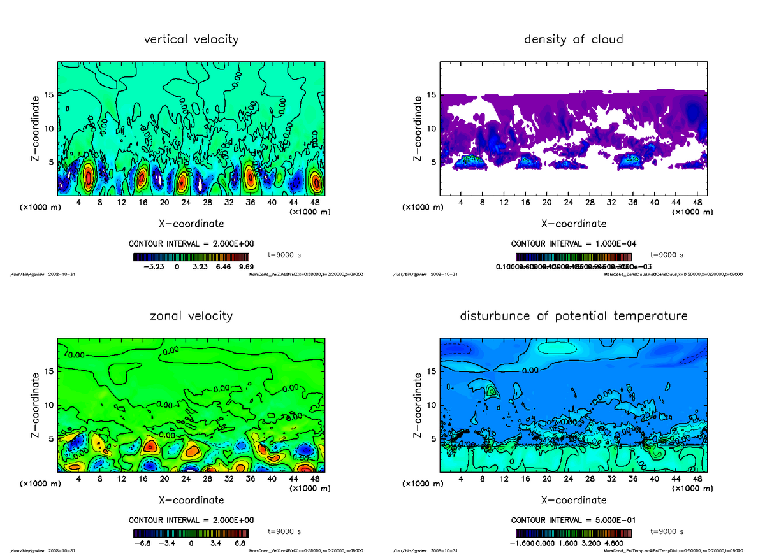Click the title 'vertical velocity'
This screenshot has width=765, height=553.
[x=191, y=39]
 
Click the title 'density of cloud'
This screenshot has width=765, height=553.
[x=573, y=39]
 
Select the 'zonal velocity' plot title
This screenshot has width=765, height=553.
[x=191, y=315]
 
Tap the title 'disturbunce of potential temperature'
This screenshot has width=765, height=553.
[x=573, y=315]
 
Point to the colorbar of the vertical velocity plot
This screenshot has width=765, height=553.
[x=191, y=257]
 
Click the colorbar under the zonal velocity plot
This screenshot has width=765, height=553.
[x=191, y=533]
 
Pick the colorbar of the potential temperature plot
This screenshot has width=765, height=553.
[x=573, y=533]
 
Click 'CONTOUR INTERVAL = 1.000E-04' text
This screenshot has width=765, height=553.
[x=574, y=243]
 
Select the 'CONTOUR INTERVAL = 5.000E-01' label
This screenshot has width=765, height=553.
[x=574, y=519]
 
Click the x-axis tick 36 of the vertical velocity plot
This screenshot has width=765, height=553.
[x=250, y=203]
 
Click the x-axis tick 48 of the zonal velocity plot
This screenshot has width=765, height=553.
[x=314, y=478]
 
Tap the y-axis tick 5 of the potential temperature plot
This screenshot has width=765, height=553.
[x=432, y=438]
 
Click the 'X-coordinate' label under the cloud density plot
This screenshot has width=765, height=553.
[x=573, y=224]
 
